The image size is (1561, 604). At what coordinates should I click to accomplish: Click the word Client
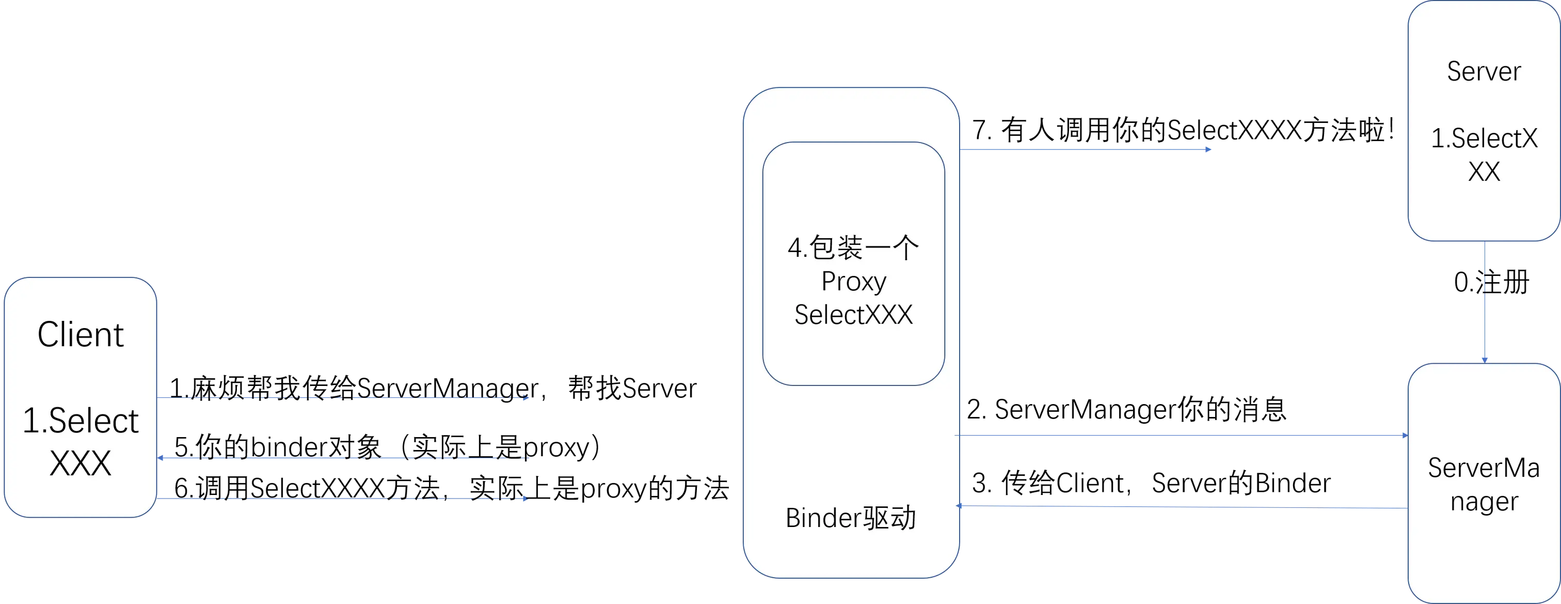(81, 335)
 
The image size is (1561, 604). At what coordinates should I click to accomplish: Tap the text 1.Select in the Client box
(81, 421)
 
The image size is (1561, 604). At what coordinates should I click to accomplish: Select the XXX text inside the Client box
(81, 464)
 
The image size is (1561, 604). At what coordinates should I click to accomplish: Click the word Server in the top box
(1484, 71)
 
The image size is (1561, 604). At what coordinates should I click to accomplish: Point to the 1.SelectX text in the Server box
(1484, 139)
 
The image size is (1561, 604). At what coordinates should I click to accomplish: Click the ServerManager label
(1484, 485)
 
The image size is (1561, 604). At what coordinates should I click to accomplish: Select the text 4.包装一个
(853, 247)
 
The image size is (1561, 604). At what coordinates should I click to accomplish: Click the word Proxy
(853, 282)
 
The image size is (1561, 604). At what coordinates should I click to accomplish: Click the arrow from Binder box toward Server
(1085, 149)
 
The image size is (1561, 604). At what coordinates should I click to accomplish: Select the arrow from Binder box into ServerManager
(1182, 436)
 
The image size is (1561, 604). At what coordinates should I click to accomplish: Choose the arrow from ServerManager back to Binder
(1182, 506)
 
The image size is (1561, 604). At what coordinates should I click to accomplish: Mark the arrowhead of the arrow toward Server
(1208, 149)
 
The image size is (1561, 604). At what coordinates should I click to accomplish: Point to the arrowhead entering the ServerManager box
(1404, 436)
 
